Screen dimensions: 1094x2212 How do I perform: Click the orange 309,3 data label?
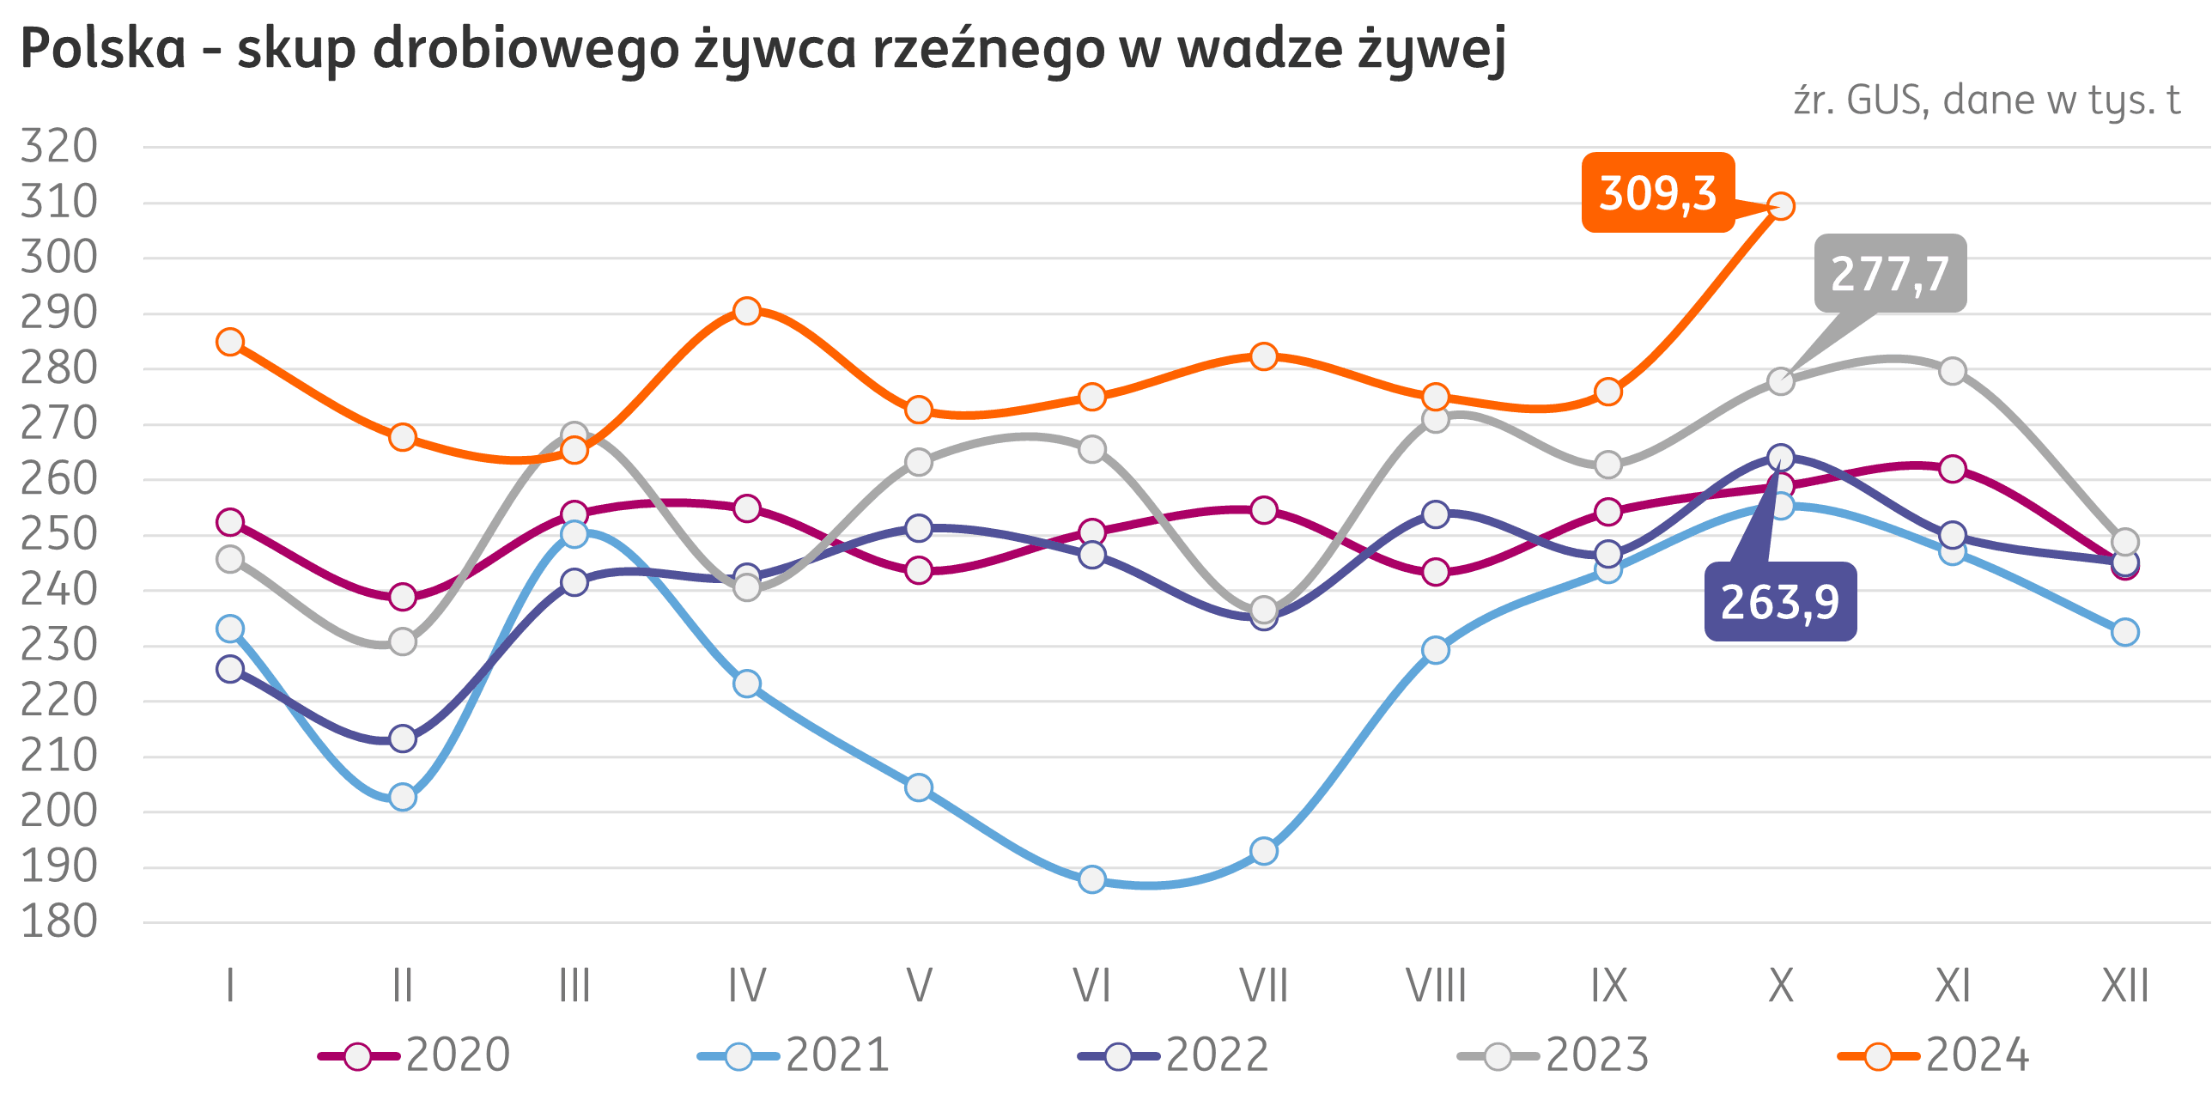tap(1658, 193)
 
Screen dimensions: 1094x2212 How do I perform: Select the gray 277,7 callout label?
tap(1890, 274)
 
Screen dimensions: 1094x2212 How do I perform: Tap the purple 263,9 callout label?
tap(1780, 603)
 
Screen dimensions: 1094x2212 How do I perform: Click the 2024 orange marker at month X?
tap(1781, 206)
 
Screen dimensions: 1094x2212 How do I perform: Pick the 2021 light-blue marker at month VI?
tap(1091, 879)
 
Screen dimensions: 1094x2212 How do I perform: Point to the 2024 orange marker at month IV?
tap(747, 310)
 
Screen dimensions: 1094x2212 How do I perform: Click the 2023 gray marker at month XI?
tap(1953, 372)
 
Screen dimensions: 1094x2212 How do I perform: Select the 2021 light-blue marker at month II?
tap(403, 797)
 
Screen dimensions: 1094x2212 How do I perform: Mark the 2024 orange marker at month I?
tap(230, 342)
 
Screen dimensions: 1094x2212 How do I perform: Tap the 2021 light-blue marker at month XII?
tap(2125, 633)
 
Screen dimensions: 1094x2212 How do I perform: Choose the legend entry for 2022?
tap(1173, 1055)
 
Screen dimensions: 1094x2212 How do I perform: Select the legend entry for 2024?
tap(1933, 1055)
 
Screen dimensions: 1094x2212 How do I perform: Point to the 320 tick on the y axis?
tap(59, 147)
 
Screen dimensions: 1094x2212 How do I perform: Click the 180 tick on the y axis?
tap(59, 923)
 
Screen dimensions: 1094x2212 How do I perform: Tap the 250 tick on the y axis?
tap(59, 535)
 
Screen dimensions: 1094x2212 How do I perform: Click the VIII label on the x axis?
tap(1436, 986)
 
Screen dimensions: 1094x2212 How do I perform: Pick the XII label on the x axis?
tap(2125, 986)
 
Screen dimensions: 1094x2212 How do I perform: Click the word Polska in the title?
tap(103, 49)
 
